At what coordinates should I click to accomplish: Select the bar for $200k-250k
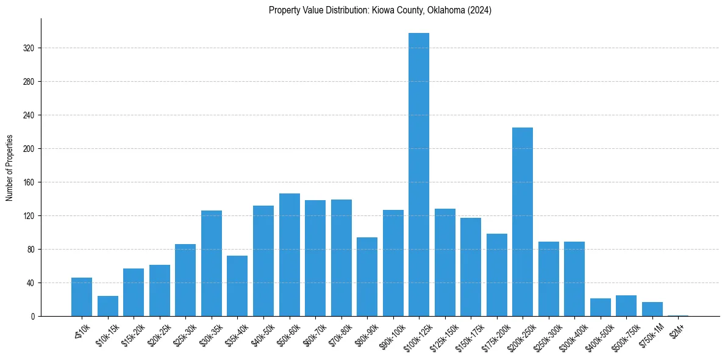tap(523, 222)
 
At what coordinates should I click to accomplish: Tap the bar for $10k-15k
tap(108, 306)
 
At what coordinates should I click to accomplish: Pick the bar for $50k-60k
tap(290, 255)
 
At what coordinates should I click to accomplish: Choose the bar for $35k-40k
tap(237, 286)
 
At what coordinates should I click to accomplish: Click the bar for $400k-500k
tap(601, 308)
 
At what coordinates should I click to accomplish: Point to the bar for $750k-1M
tap(652, 309)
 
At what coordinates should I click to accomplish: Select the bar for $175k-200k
tap(497, 275)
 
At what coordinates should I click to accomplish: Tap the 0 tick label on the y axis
tap(34, 317)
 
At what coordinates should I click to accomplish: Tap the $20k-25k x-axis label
tap(157, 336)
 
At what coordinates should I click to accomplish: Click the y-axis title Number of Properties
tap(10, 168)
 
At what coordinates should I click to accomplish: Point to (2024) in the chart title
tap(480, 10)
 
